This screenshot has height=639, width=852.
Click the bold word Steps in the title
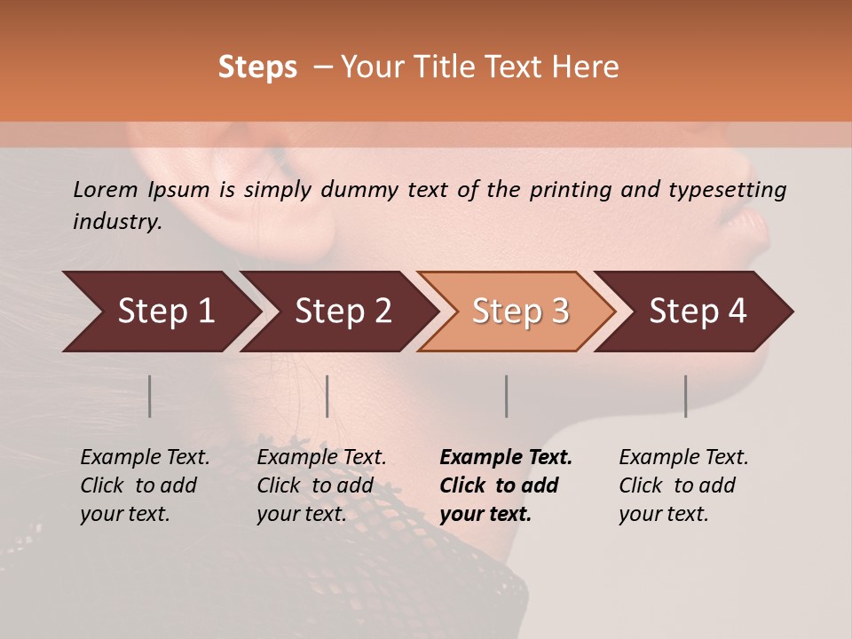point(257,67)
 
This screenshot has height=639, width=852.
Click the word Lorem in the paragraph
point(106,189)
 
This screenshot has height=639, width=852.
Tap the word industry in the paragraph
point(116,222)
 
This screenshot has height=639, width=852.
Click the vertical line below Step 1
point(150,396)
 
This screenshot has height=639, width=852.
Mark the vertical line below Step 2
point(327,396)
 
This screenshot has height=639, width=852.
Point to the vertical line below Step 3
point(506,396)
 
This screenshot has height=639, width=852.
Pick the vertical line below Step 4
point(685,396)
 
